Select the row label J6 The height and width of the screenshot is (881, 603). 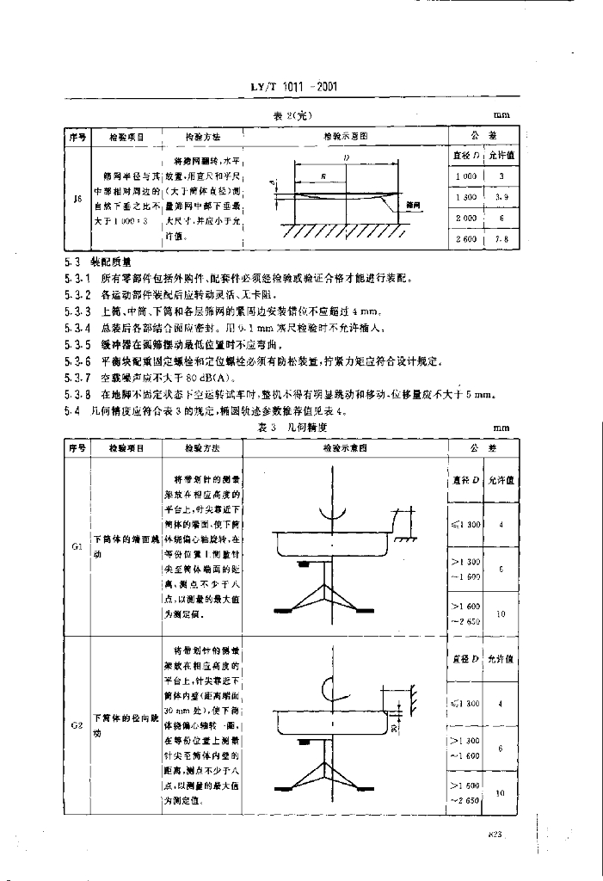[x=77, y=199]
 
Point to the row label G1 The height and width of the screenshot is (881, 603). [x=77, y=546]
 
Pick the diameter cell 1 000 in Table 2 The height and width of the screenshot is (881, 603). [x=466, y=176]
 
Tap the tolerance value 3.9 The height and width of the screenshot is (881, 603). [x=501, y=197]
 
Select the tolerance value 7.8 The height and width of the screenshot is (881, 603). [x=501, y=239]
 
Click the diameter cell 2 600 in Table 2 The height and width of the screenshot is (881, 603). [x=466, y=239]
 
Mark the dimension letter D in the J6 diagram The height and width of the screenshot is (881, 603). [x=344, y=159]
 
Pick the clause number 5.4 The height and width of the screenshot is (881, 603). [x=72, y=410]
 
